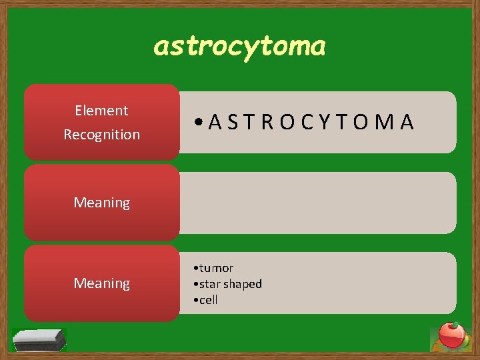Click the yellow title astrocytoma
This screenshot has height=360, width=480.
point(240,46)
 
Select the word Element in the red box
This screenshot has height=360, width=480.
point(101,111)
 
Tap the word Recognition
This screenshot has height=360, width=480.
point(101,135)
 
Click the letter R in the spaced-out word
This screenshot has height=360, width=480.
point(267,122)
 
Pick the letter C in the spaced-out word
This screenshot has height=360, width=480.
point(306,122)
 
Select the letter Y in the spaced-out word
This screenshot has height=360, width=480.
point(324,122)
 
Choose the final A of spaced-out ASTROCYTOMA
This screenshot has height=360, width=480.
point(407,122)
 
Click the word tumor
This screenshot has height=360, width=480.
point(216,268)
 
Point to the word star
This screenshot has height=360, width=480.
point(210,284)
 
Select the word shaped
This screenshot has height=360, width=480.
point(243,284)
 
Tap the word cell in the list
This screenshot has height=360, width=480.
point(208,300)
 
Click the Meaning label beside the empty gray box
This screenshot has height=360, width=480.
point(101,203)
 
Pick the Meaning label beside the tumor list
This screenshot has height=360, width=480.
point(101,283)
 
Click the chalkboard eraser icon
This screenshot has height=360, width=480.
point(40,339)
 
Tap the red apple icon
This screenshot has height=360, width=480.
point(451,335)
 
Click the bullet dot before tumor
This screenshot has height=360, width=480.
point(193,269)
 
